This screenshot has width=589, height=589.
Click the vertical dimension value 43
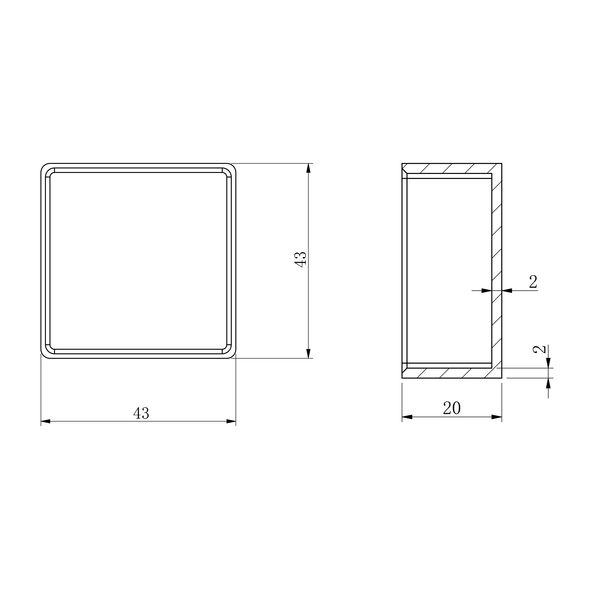pos(300,260)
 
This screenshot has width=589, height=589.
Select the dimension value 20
pos(452,408)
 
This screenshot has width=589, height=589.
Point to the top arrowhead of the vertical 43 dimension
pos(308,168)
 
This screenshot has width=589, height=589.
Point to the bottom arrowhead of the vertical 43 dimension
pos(308,353)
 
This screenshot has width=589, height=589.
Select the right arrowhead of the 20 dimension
pos(497,417)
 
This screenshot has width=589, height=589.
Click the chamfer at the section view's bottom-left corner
pos(405,371)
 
